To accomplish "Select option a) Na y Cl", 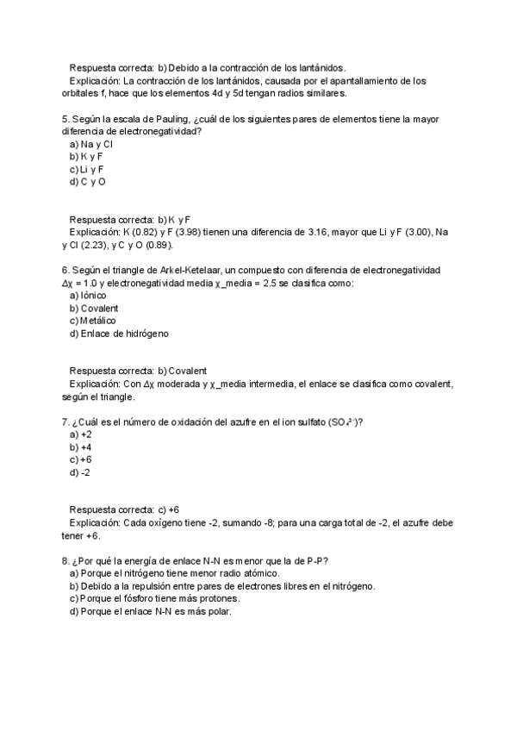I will point(90,144).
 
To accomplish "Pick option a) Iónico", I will point(88,295).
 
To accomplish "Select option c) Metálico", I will point(92,321).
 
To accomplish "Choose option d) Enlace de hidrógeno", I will point(119,334).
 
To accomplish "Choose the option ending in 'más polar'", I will point(151,612).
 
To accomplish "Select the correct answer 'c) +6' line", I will point(124,509).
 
